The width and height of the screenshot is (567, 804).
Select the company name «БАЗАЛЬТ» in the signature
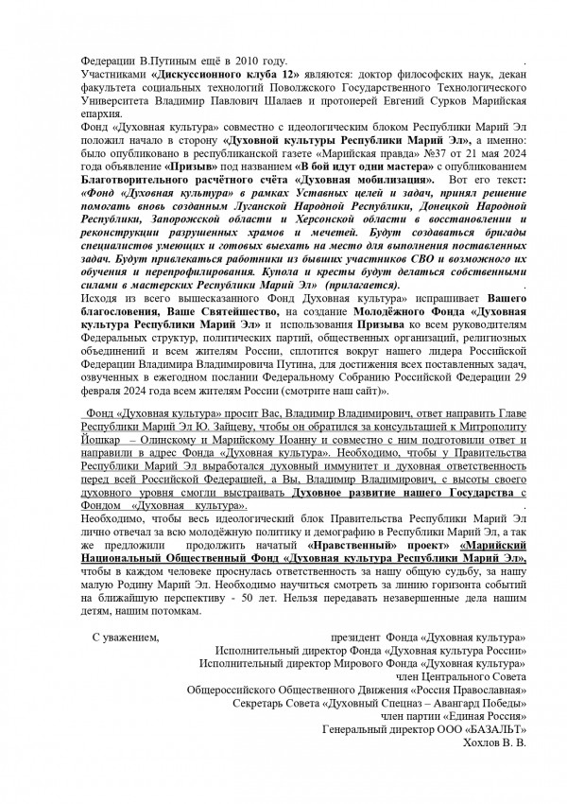[495, 731]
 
